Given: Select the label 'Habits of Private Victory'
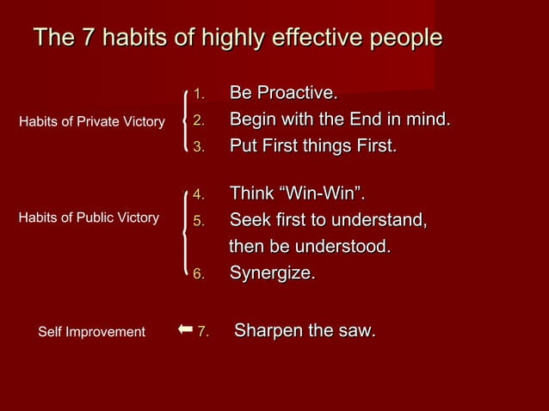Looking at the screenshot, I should (92, 122).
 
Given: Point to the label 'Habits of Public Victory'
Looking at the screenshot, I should (89, 218).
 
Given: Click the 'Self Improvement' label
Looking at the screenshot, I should (92, 332).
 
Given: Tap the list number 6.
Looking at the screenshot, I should (198, 275).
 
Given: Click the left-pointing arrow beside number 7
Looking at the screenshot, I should (184, 329).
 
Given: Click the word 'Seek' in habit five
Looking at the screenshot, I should (250, 220).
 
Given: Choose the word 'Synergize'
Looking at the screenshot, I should (271, 274).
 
